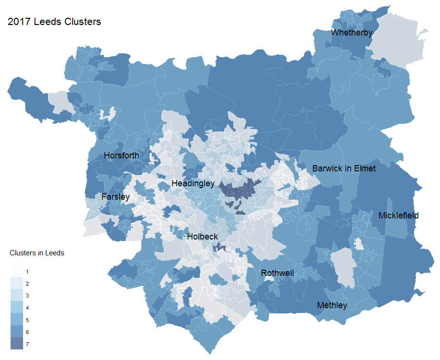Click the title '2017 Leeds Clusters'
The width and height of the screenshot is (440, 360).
click(x=54, y=22)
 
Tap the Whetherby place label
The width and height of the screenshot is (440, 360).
click(x=352, y=33)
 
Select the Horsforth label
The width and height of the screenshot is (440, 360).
click(x=122, y=156)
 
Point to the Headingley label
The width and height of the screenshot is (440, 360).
click(x=193, y=183)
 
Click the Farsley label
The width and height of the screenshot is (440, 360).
click(x=115, y=197)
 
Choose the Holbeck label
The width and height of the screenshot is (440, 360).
click(x=202, y=237)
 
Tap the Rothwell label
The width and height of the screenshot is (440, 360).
click(x=277, y=273)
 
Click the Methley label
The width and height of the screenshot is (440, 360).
click(x=332, y=305)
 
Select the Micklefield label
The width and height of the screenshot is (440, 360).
click(x=398, y=216)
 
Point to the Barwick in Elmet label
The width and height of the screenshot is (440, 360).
click(x=344, y=168)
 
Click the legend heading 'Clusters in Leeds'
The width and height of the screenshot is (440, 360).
click(x=37, y=253)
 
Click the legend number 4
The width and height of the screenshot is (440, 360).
click(x=27, y=308)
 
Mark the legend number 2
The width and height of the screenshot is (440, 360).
click(x=27, y=284)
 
